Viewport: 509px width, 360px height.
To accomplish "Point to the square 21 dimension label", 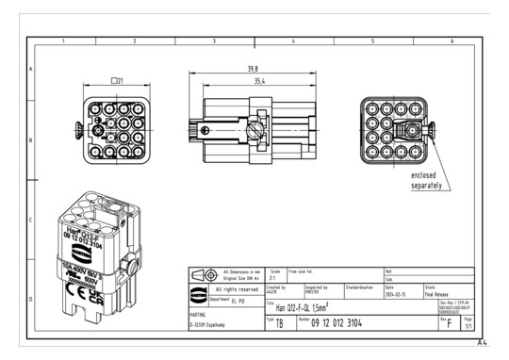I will pos(117,80).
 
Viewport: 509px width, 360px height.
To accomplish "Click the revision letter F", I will pos(449,322).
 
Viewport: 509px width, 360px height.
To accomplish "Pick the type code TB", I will pos(279,322).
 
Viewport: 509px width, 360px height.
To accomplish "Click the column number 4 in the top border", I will pos(294,42).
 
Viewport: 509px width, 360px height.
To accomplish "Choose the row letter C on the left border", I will pos(31,221).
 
